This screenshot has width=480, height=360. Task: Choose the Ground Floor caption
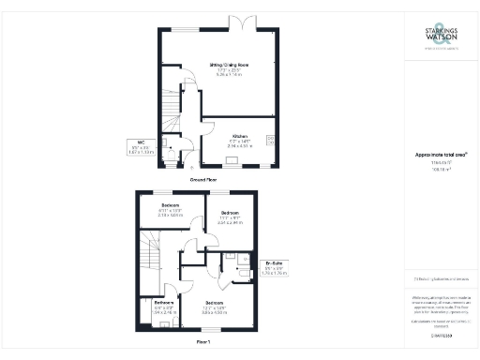pos(204,177)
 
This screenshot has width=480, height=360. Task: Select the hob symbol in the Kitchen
pos(268,141)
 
